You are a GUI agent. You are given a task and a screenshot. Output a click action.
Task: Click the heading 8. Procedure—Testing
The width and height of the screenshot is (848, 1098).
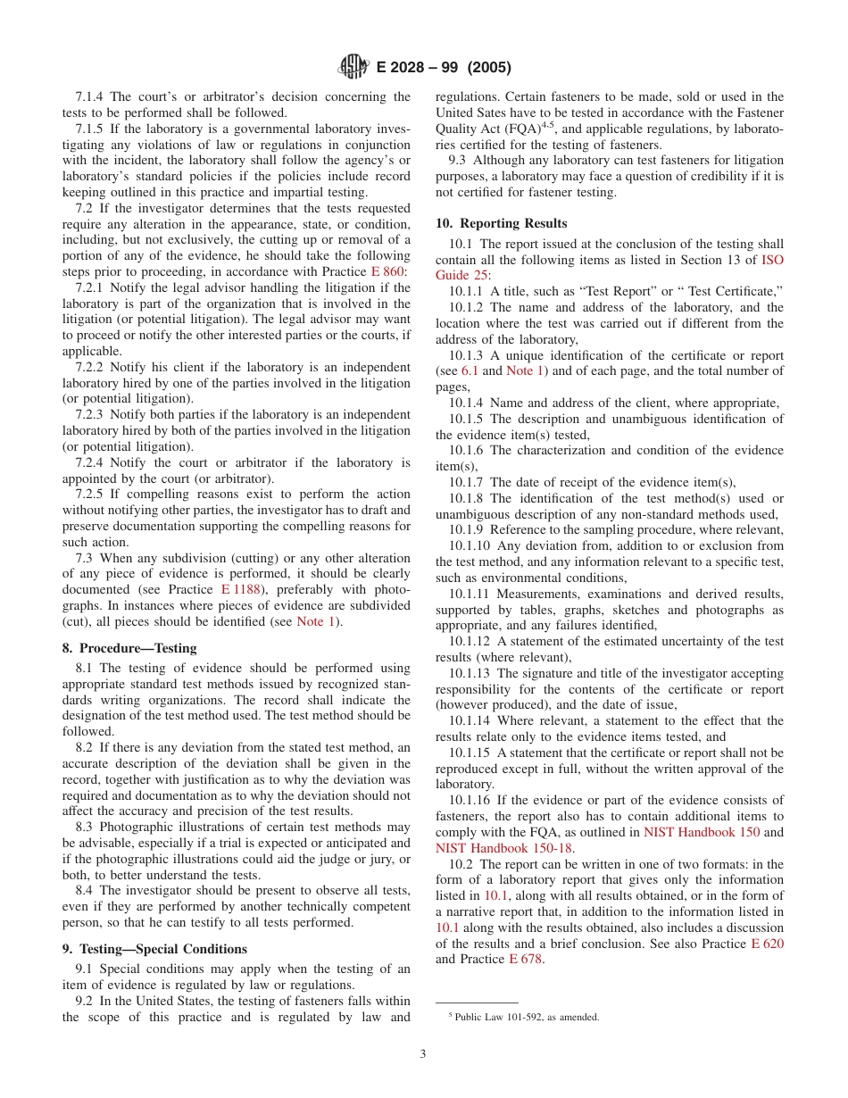pos(129,648)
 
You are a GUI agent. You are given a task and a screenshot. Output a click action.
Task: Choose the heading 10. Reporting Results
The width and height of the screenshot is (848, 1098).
pos(501,223)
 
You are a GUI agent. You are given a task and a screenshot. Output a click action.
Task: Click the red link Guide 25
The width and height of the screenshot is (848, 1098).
pos(461,276)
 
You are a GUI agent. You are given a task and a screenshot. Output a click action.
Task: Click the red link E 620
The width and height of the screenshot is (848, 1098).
pos(767,944)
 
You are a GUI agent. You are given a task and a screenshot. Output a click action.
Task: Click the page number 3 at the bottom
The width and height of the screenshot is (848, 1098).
pos(423,1053)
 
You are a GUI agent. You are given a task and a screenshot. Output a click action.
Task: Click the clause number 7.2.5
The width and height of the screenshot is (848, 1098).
pos(94,495)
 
